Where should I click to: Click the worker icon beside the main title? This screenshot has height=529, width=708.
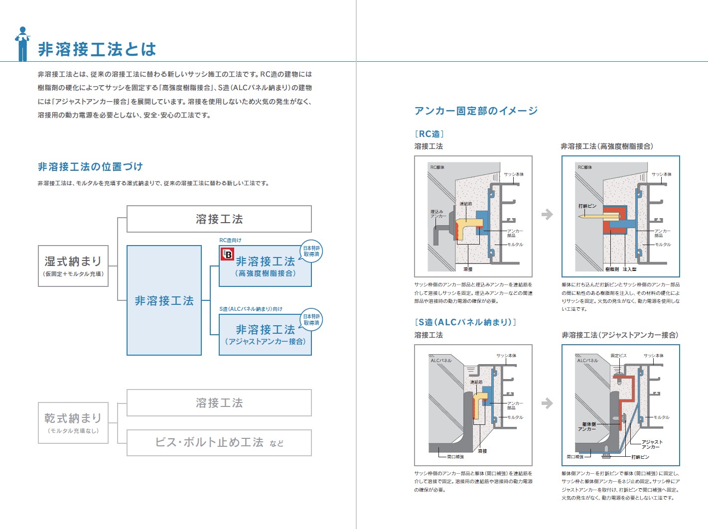[x=22, y=44]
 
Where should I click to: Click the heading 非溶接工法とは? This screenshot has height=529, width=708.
[x=97, y=49]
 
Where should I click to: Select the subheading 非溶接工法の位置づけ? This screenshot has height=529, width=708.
[x=90, y=166]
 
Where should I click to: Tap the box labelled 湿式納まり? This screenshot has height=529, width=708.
[x=73, y=265]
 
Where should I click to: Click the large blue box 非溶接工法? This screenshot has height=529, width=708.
[x=164, y=300]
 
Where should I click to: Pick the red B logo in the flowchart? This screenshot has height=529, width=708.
[x=227, y=254]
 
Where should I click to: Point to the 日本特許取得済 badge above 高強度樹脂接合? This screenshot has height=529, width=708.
[x=311, y=251]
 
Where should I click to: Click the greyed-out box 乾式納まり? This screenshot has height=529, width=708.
[x=73, y=422]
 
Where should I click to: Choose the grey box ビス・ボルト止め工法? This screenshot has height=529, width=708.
[x=219, y=442]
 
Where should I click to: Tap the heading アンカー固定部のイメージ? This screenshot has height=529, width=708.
[x=476, y=111]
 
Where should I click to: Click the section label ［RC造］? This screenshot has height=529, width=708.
[x=429, y=133]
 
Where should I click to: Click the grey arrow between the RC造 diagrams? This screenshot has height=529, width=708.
[x=547, y=214]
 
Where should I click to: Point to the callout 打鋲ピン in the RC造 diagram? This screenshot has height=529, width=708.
[x=587, y=206]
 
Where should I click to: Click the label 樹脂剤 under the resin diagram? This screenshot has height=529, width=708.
[x=612, y=269]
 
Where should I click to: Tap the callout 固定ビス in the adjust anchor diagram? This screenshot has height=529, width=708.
[x=618, y=356]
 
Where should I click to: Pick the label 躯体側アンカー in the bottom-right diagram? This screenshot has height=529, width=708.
[x=587, y=426]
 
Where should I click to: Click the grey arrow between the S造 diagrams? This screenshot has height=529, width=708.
[x=547, y=403]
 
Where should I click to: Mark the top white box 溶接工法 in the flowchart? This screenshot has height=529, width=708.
[x=219, y=219]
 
